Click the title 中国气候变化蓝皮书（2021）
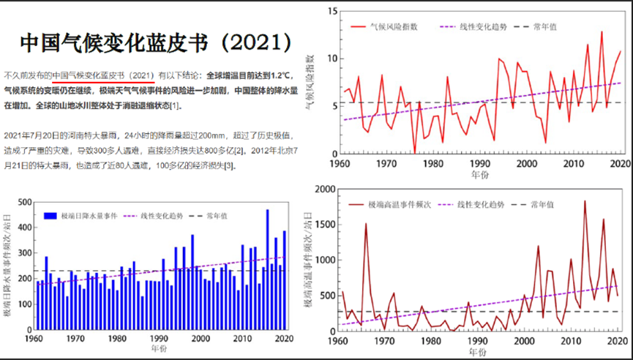point(157,43)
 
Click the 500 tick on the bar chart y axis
point(24,203)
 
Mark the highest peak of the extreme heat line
point(585,200)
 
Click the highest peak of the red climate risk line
point(602,31)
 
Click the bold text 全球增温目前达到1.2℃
point(249,75)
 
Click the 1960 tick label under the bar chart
point(34,339)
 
